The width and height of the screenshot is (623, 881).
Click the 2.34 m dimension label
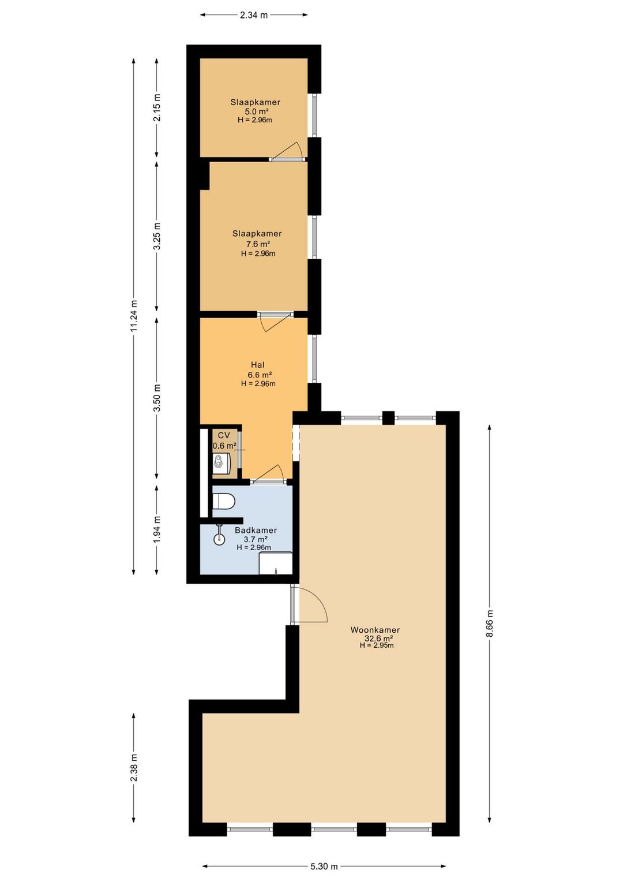tap(253, 15)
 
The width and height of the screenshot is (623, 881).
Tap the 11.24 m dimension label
tap(134, 315)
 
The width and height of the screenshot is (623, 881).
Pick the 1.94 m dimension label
tap(157, 529)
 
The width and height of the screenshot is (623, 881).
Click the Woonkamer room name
tap(375, 630)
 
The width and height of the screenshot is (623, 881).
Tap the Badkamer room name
tap(256, 530)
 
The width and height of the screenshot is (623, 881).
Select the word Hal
tap(257, 365)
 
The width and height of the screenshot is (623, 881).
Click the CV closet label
tap(224, 435)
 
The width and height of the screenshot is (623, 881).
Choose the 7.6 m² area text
tap(257, 244)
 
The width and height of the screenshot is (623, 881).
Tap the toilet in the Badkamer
tap(223, 502)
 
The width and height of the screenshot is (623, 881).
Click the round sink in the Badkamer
tap(219, 539)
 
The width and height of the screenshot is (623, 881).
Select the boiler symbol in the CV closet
tap(221, 464)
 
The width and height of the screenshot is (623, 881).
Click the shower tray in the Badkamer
tap(276, 563)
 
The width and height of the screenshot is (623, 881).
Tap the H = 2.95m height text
tap(377, 645)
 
